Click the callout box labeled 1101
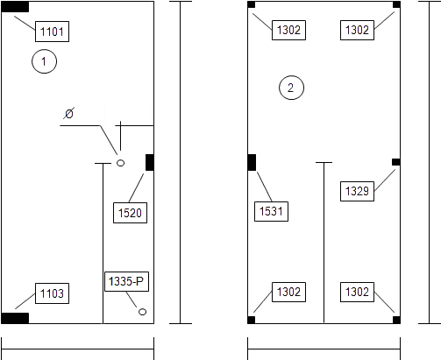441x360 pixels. pyautogui.click(x=52, y=32)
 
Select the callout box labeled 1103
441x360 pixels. pyautogui.click(x=52, y=293)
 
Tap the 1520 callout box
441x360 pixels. pyautogui.click(x=130, y=213)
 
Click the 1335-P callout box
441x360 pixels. pyautogui.click(x=126, y=281)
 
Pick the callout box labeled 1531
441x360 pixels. pyautogui.click(x=271, y=211)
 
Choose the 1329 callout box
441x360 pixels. pyautogui.click(x=357, y=191)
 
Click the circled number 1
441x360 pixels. pyautogui.click(x=44, y=61)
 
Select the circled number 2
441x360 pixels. pyautogui.click(x=291, y=88)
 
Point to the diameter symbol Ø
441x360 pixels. pyautogui.click(x=69, y=113)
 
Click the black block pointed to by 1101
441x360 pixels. pyautogui.click(x=15, y=7)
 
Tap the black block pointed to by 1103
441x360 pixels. pyautogui.click(x=15, y=318)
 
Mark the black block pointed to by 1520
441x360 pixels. pyautogui.click(x=150, y=162)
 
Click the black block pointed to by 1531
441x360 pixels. pyautogui.click(x=252, y=162)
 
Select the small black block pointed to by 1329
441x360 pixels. pyautogui.click(x=396, y=162)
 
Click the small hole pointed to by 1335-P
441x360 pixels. pyautogui.click(x=142, y=312)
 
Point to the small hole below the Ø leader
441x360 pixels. pyautogui.click(x=120, y=163)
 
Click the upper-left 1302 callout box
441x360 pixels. pyautogui.click(x=288, y=30)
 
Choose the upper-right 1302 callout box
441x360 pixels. pyautogui.click(x=357, y=30)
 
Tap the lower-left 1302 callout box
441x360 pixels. pyautogui.click(x=288, y=292)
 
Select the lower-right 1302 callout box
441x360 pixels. pyautogui.click(x=357, y=292)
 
